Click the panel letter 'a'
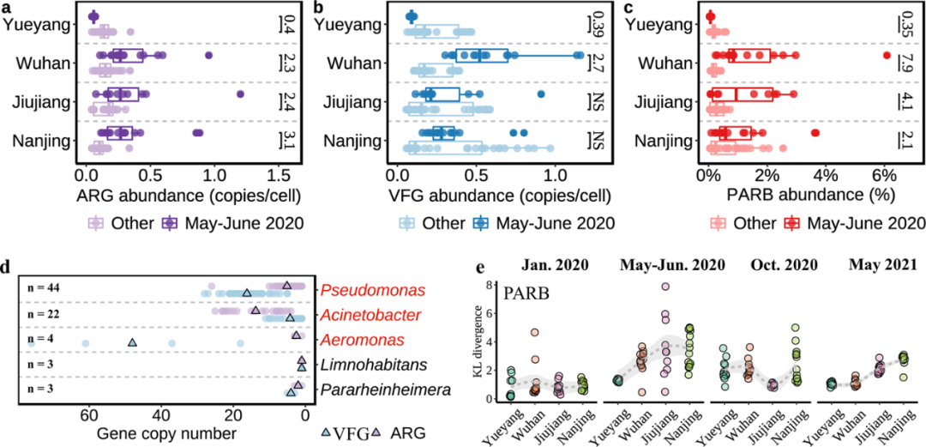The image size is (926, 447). click(7, 8)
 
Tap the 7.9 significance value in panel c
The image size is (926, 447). click(911, 62)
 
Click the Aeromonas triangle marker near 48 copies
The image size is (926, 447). click(132, 342)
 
